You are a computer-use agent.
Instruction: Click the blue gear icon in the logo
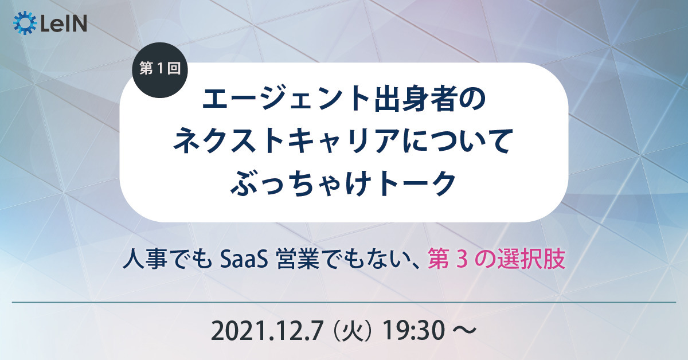coord(25,23)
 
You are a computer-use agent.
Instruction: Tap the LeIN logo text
coord(64,24)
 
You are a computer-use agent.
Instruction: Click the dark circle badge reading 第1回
coord(160,70)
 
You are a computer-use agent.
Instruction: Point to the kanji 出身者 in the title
coord(413,99)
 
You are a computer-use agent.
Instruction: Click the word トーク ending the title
coord(416,183)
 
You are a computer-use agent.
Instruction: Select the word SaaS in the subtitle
coord(244,260)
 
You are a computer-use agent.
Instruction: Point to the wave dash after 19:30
coord(465,331)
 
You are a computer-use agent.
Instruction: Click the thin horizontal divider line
coord(344,303)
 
